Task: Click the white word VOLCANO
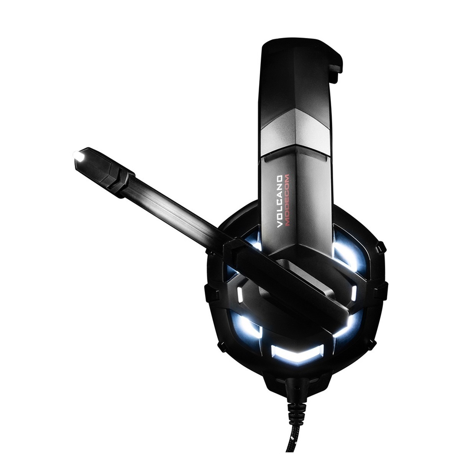pyautogui.click(x=279, y=202)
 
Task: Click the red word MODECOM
pyautogui.click(x=287, y=200)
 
